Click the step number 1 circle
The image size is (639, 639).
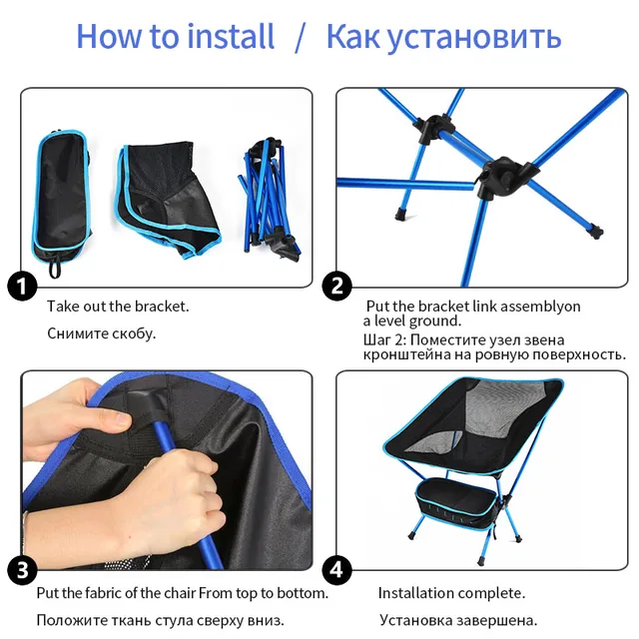(22, 288)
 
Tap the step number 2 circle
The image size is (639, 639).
(337, 288)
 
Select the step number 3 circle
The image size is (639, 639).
(22, 571)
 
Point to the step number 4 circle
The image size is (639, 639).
(337, 571)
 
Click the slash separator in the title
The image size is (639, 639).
(301, 38)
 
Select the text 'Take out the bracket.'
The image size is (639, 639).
(118, 307)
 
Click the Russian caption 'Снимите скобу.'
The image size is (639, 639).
(102, 333)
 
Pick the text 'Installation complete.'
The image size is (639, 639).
(451, 593)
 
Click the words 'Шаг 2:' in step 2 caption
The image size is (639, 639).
(383, 339)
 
